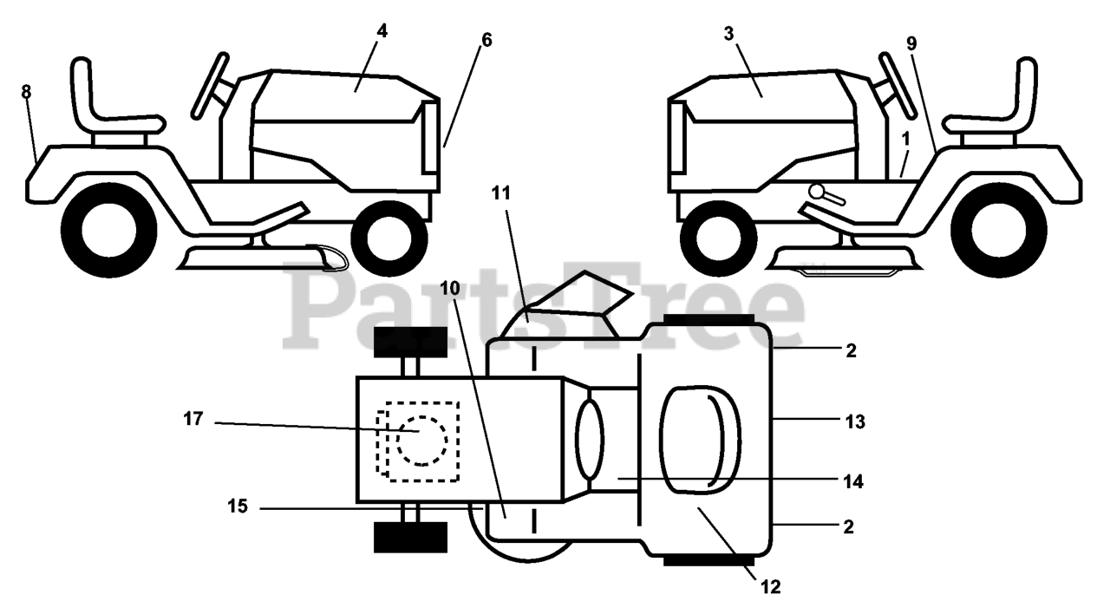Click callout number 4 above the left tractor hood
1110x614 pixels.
[x=382, y=31]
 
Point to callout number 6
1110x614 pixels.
[x=486, y=39]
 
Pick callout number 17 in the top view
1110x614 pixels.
[x=193, y=419]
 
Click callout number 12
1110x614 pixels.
[x=771, y=587]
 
